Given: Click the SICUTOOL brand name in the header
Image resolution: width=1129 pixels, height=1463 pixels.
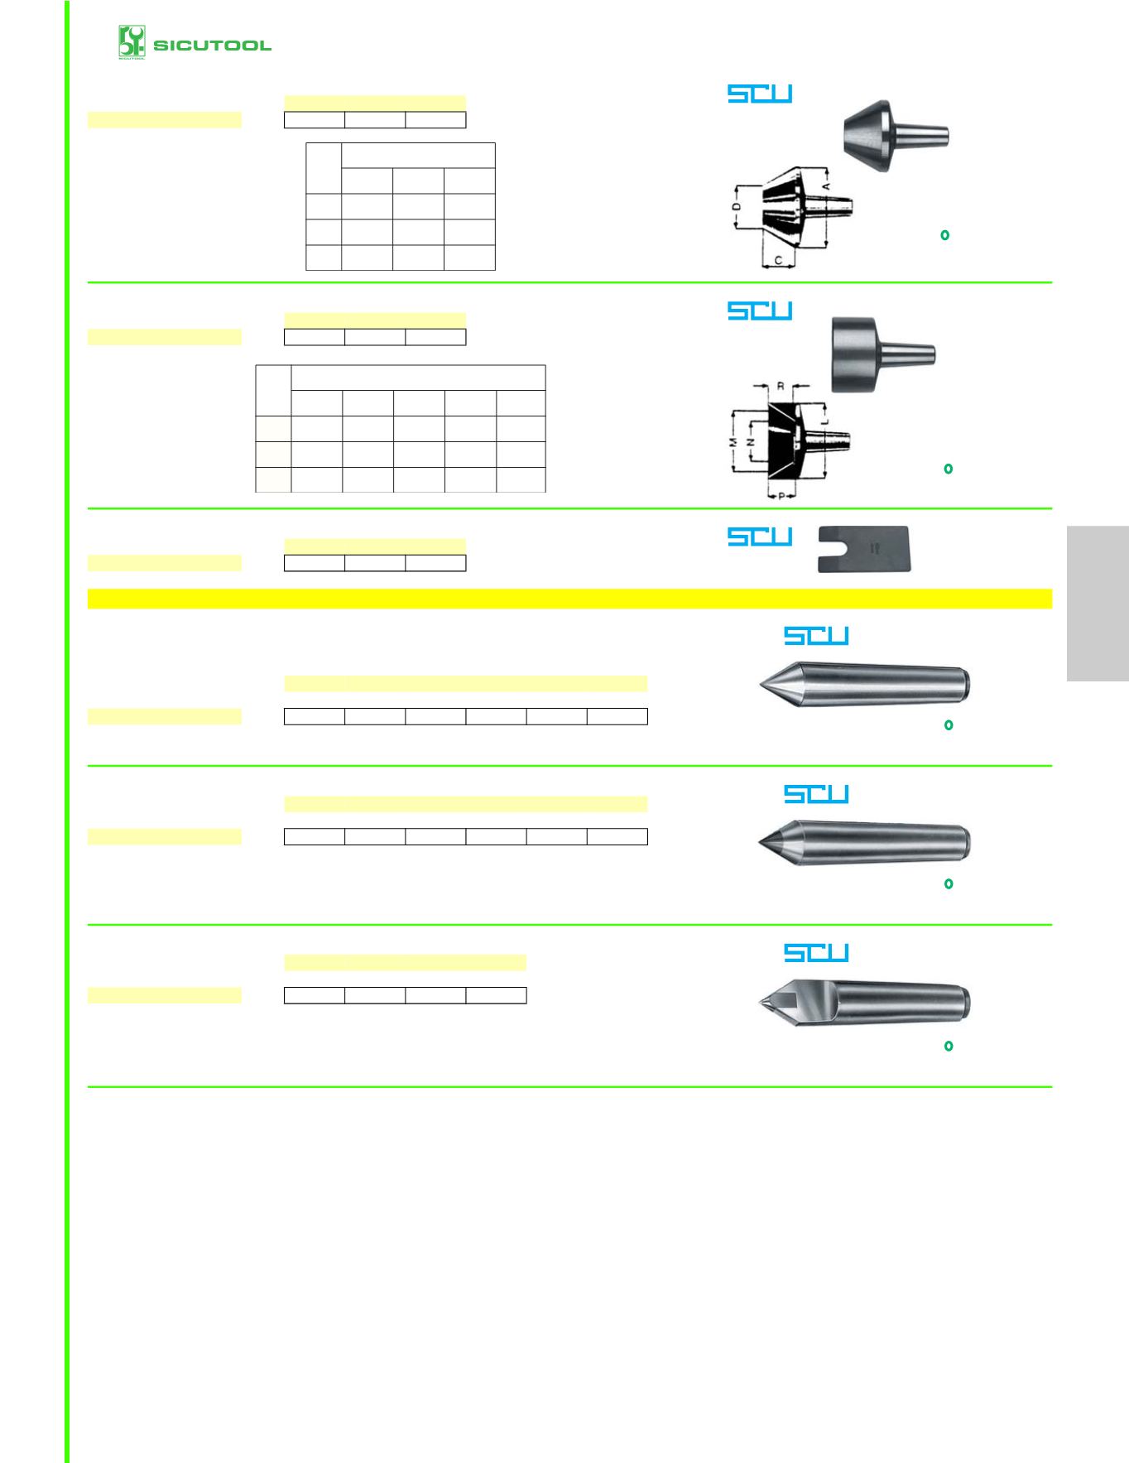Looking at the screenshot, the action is pos(212,46).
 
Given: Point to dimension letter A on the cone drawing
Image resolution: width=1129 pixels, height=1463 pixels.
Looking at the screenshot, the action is pos(826,186).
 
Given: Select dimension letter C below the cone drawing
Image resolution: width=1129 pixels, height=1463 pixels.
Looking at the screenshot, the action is pos(778,260).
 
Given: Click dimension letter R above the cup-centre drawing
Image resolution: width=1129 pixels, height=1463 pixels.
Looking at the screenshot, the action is pos(781,386).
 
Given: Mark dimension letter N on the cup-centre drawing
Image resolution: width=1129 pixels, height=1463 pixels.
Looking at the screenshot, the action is pos(751,442).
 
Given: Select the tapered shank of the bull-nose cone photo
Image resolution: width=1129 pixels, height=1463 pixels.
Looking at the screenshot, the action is pos(920,136).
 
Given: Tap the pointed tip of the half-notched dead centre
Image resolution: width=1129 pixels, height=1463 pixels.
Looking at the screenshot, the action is pos(759,1003).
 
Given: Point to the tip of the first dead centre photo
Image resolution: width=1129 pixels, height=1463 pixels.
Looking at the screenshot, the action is pos(760,685).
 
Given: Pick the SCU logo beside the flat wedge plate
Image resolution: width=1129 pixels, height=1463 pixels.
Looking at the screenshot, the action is pos(760,537).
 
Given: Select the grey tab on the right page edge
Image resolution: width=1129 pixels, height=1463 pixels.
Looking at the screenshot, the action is pos(1098,603).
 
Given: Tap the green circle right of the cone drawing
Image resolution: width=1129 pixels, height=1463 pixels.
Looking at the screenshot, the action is pos(944,235).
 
